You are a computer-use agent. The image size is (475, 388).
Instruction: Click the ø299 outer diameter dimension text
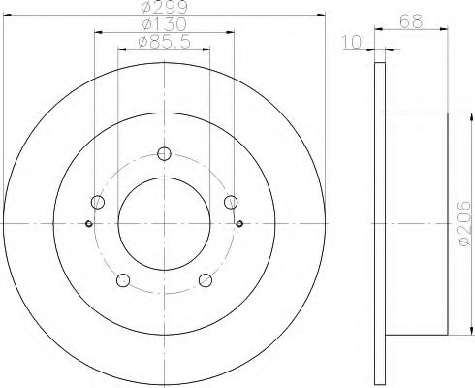point(165,7)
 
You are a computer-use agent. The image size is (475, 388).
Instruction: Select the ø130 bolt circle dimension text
point(165,24)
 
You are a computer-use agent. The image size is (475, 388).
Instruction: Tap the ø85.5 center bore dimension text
point(164,42)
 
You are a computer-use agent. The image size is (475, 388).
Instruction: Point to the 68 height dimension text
point(411,21)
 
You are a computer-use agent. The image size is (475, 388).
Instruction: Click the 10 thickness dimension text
point(352,42)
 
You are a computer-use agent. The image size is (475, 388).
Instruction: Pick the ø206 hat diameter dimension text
point(464,223)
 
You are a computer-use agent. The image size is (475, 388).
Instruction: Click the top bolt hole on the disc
point(164,153)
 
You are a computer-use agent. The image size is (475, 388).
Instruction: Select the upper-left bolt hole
point(98,202)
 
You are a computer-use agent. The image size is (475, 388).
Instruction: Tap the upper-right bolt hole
point(231,202)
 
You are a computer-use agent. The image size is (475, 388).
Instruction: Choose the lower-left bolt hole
point(123,280)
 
